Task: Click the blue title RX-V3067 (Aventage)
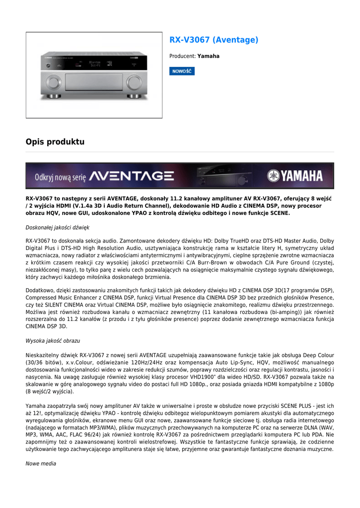click(214, 40)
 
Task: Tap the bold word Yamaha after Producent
click(209, 57)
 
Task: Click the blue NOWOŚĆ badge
click(182, 71)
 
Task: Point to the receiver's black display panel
click(94, 63)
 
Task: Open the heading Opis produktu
click(55, 142)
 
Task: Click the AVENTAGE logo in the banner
click(132, 176)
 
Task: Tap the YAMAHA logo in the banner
click(295, 176)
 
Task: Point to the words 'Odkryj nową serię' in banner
click(60, 177)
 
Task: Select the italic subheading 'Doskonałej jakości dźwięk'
click(57, 228)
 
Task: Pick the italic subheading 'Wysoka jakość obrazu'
click(53, 341)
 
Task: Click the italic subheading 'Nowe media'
click(41, 463)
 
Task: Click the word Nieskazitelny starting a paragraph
click(43, 355)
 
